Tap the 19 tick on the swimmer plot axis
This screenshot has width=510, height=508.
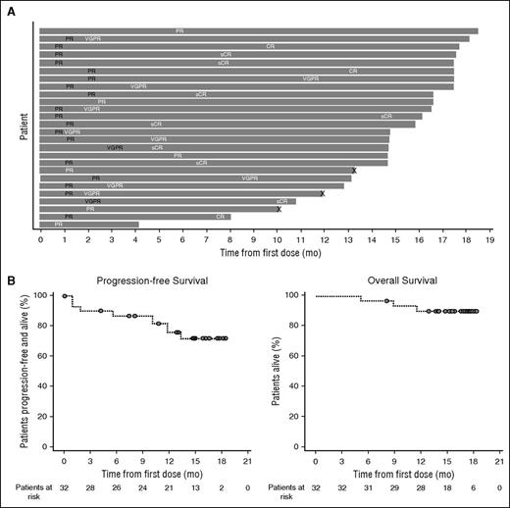coord(490,237)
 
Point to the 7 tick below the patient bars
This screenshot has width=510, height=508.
coord(206,237)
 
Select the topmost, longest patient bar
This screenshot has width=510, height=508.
coord(259,31)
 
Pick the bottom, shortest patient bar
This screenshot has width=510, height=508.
coord(89,225)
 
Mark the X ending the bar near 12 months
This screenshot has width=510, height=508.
coord(323,193)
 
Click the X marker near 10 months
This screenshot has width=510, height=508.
coord(279,209)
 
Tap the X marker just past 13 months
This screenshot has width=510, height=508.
coord(354,171)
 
